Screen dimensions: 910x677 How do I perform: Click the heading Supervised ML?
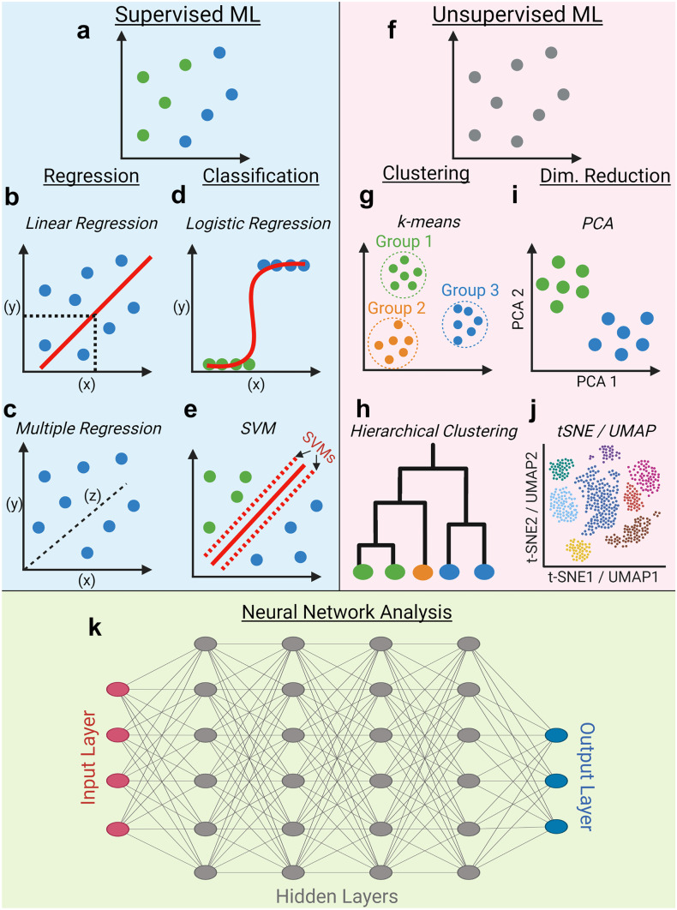coord(170,15)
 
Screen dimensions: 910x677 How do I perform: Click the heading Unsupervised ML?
coord(506,15)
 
